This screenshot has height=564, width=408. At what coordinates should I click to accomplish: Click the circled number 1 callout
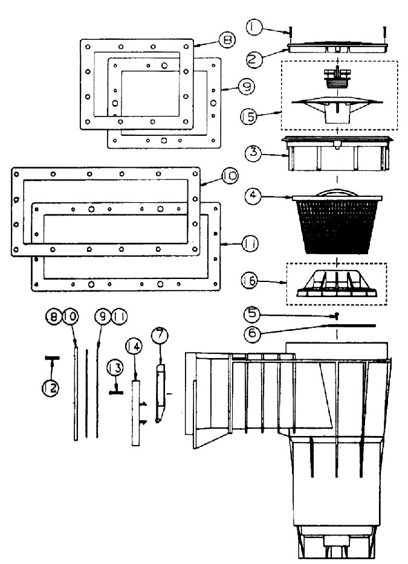point(254,27)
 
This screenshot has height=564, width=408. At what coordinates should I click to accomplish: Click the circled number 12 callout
point(51,387)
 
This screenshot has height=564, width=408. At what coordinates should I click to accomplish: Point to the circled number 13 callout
point(115,367)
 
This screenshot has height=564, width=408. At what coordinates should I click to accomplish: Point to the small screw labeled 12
point(51,358)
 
